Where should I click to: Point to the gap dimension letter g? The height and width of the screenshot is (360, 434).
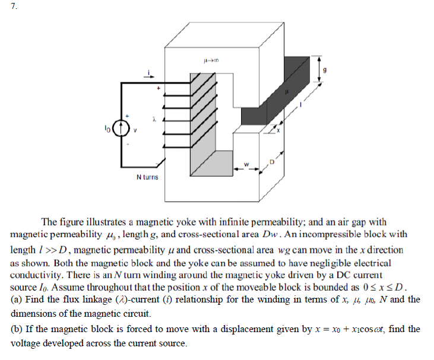[x=324, y=69]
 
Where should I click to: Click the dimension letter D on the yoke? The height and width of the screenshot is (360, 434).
[x=273, y=161]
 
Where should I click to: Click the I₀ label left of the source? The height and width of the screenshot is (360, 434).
[x=107, y=126]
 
